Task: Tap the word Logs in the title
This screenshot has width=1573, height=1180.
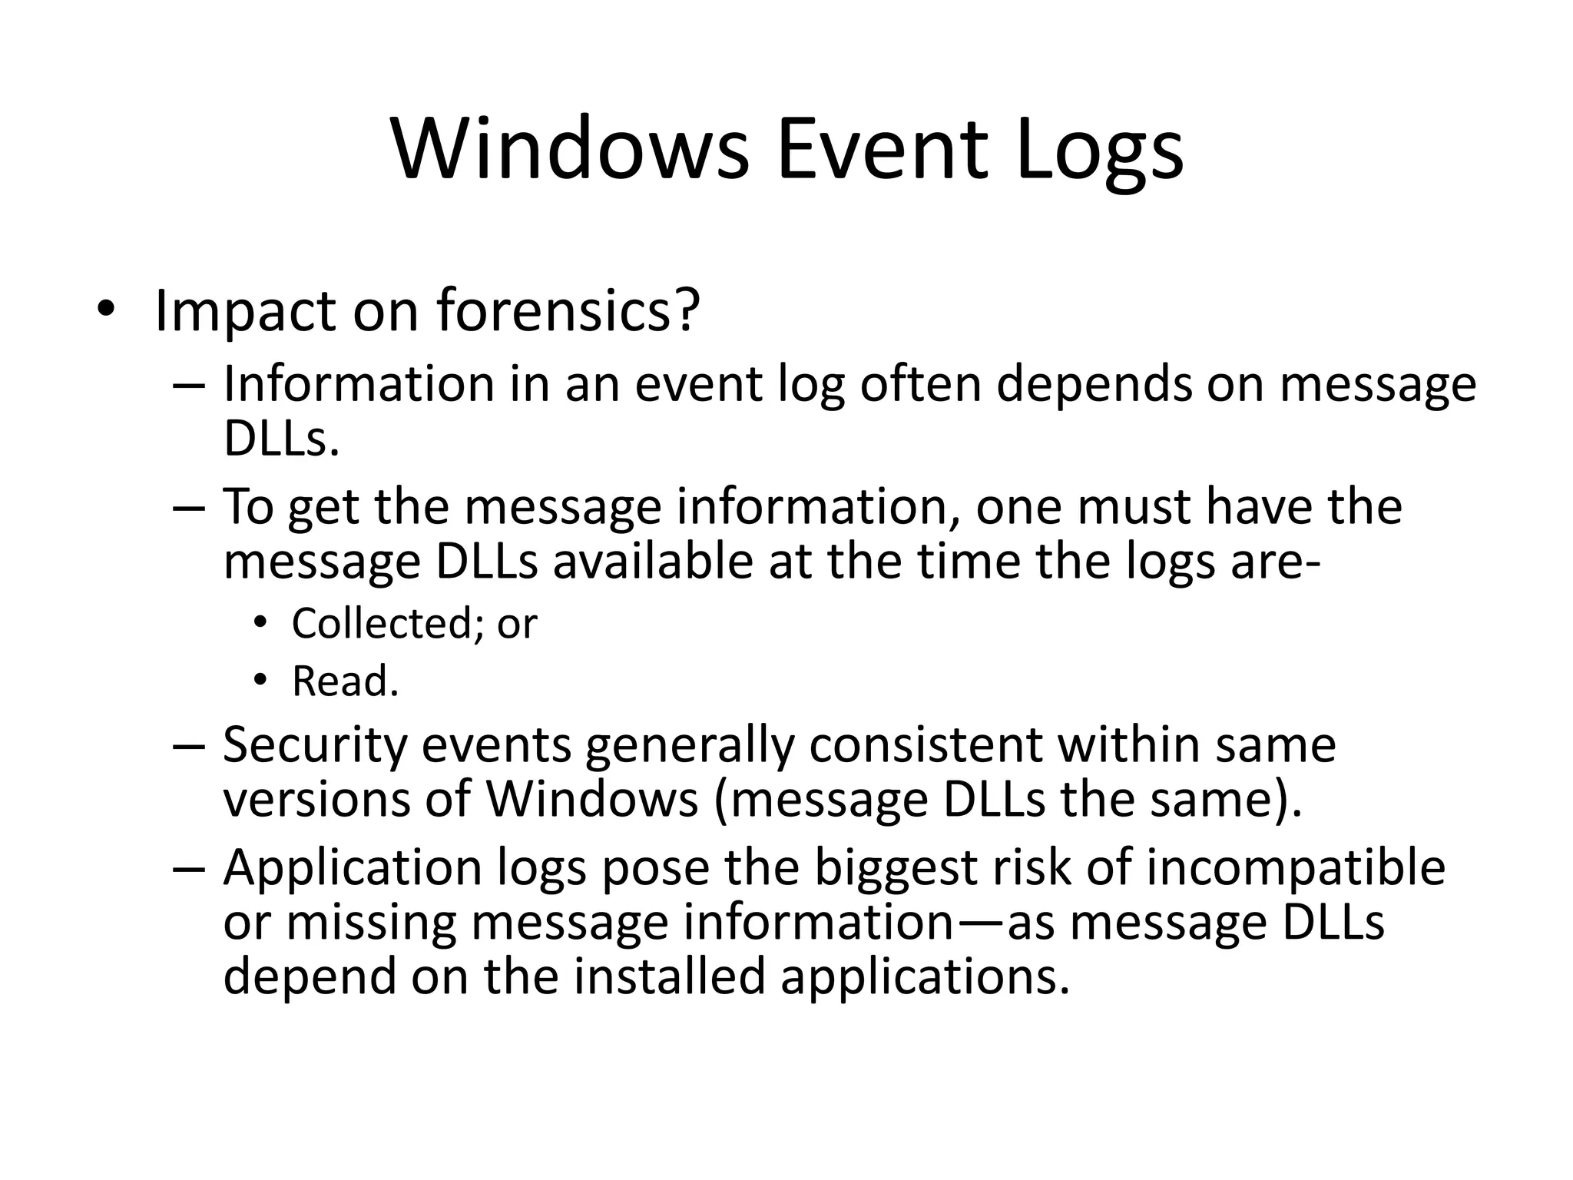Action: pos(1099,152)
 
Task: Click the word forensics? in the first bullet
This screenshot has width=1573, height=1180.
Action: pos(568,310)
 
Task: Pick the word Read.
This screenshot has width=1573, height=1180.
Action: pos(345,681)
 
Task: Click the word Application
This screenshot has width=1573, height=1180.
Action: pos(353,868)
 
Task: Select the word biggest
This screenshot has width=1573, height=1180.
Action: pos(895,868)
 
